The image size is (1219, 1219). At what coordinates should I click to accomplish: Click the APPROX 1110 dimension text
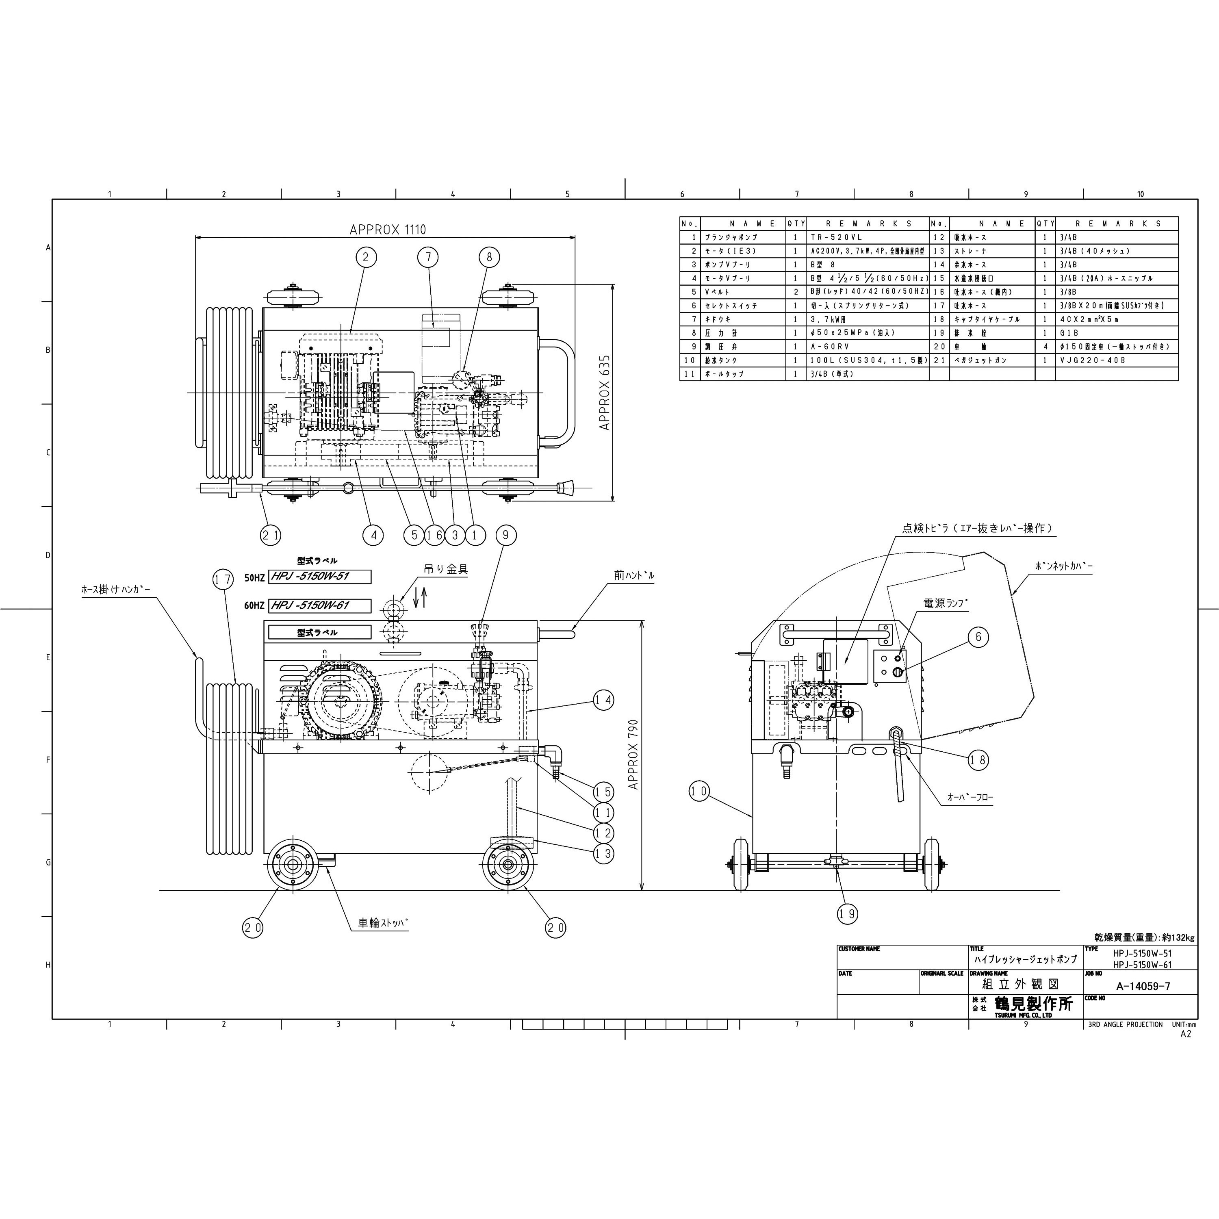coord(383,230)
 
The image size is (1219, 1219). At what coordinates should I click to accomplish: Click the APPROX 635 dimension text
coord(605,393)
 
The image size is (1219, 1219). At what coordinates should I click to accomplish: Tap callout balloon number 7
coord(428,257)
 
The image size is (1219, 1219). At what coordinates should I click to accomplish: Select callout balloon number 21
coord(271,536)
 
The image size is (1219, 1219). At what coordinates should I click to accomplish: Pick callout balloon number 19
coord(847,913)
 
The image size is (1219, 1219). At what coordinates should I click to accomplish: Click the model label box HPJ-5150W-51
coord(319,577)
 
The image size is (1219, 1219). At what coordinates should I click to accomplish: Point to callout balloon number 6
coord(978,637)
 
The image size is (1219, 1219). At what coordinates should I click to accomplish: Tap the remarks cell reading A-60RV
coord(827,346)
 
